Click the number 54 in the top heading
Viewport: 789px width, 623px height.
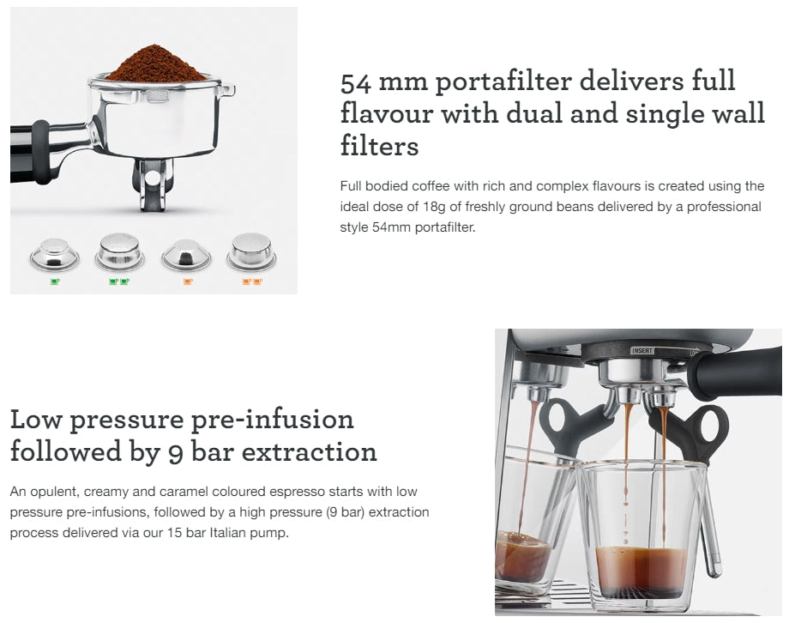tap(357, 82)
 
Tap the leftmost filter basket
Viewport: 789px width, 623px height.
tap(54, 254)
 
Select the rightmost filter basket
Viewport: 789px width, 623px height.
tap(250, 251)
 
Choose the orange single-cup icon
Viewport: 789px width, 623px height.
tap(188, 281)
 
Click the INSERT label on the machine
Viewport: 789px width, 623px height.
tap(641, 350)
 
